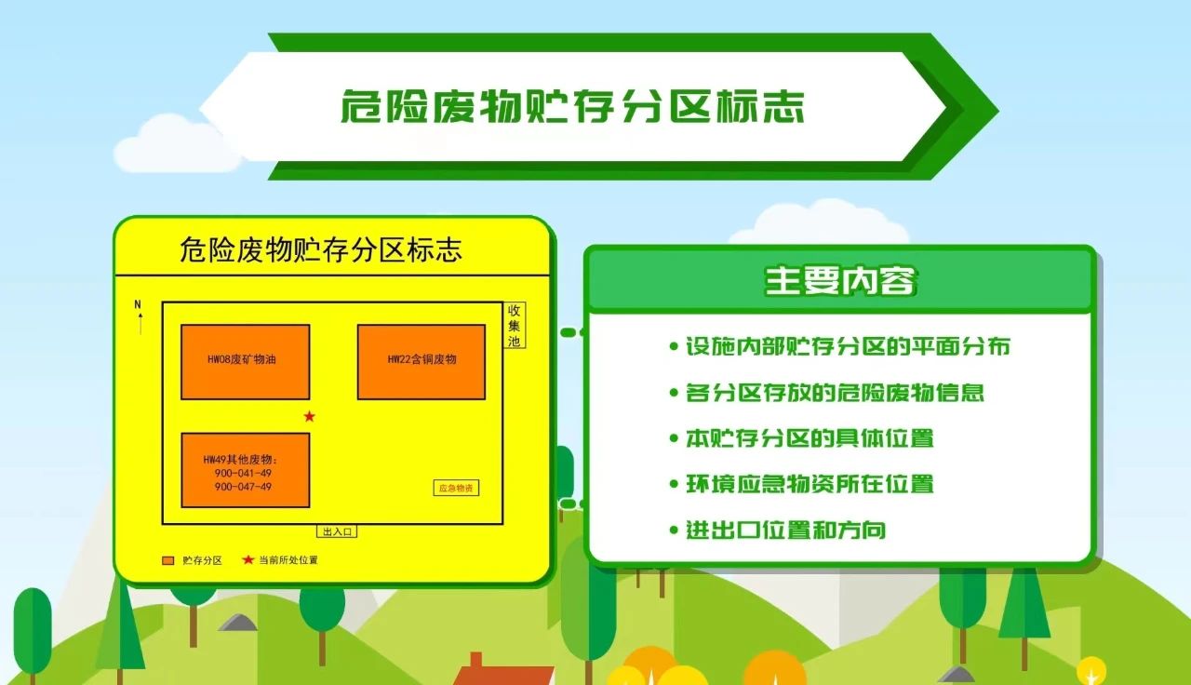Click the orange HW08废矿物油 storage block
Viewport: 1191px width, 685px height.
click(245, 362)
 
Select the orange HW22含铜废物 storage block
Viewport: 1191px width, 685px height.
click(422, 362)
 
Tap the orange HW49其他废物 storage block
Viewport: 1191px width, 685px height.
click(245, 470)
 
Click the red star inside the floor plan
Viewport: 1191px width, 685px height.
click(310, 416)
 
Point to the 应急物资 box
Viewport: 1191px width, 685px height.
click(456, 488)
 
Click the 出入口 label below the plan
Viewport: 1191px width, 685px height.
click(337, 531)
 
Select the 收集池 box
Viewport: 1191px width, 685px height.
click(515, 326)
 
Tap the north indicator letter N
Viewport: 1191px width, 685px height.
click(138, 304)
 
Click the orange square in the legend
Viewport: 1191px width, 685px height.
click(168, 560)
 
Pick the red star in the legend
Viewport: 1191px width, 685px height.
click(248, 559)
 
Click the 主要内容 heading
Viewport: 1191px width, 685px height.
click(840, 280)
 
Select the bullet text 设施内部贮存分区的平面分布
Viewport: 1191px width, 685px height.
click(848, 346)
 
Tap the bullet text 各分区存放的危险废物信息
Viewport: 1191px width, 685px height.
click(835, 393)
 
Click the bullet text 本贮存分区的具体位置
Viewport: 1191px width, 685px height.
click(810, 438)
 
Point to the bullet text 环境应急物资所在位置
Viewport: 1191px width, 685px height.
click(810, 484)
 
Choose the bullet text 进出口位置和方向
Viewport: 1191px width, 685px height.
click(785, 530)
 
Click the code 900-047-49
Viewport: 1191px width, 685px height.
click(243, 487)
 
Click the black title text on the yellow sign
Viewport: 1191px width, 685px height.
click(321, 249)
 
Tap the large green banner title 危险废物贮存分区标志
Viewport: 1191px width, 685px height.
click(572, 106)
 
